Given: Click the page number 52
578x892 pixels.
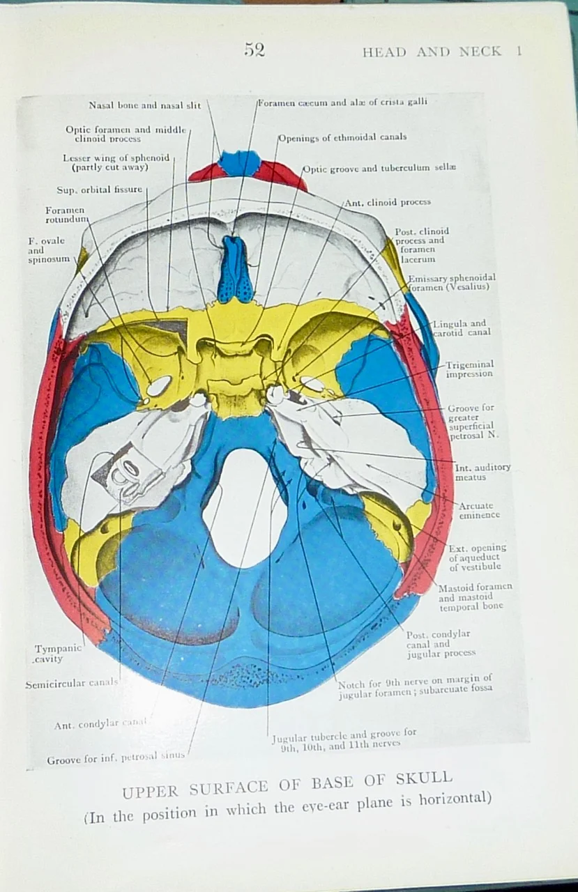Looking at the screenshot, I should click(x=254, y=49).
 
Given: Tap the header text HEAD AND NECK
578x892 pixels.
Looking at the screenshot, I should click(x=432, y=52).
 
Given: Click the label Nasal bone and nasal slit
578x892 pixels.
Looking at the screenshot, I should click(x=144, y=105).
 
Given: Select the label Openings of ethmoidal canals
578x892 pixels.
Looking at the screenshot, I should click(x=342, y=137).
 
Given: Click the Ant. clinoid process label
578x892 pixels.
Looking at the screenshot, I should click(x=387, y=202).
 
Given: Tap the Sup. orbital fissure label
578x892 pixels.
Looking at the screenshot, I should click(x=99, y=190).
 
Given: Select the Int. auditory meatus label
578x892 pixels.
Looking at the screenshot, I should click(x=482, y=472).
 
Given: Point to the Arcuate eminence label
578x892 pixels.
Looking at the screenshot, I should click(x=479, y=510).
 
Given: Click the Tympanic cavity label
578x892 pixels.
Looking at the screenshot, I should click(x=58, y=653).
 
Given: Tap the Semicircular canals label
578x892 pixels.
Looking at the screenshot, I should click(x=71, y=684).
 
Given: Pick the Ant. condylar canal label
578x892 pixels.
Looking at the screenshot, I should click(x=100, y=725).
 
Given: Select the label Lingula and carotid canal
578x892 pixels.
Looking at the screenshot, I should click(x=461, y=328).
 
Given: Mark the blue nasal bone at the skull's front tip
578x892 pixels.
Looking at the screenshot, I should click(x=238, y=163).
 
